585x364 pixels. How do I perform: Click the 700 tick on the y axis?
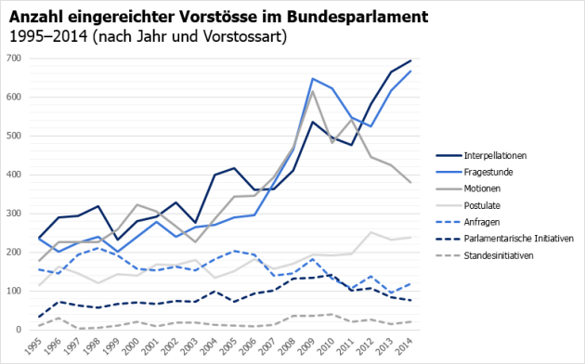pos(13,58)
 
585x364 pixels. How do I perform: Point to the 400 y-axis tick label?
pos(13,175)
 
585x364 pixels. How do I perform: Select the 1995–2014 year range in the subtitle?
pos(49,37)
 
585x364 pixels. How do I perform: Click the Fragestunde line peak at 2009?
pos(314,79)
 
